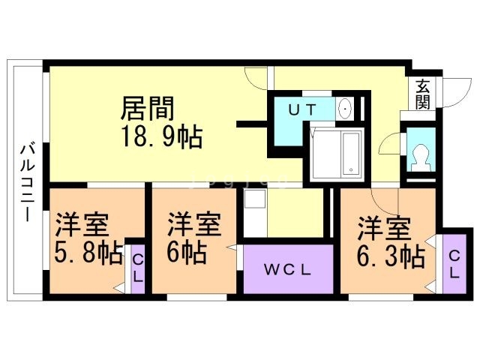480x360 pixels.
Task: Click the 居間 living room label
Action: pos(148,109)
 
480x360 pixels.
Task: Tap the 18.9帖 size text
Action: pos(162,136)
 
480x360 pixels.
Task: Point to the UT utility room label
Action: pos(303,109)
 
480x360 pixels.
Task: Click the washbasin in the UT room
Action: pos(345,109)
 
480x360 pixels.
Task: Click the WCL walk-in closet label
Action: pos(288,268)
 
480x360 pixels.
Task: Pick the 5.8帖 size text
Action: pos(88,253)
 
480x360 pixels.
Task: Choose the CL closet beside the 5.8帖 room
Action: pos(137,267)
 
